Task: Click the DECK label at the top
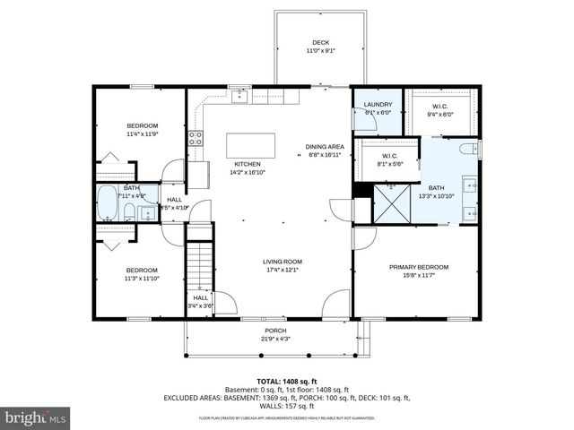(320, 42)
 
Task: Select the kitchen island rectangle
(250, 145)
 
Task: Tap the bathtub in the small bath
(107, 205)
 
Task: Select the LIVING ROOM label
(283, 262)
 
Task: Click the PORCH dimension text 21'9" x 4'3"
(275, 339)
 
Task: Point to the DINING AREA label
(325, 146)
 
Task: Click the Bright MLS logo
(35, 417)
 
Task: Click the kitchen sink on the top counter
(239, 97)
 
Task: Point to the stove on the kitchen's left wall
(195, 138)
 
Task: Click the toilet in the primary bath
(466, 150)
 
